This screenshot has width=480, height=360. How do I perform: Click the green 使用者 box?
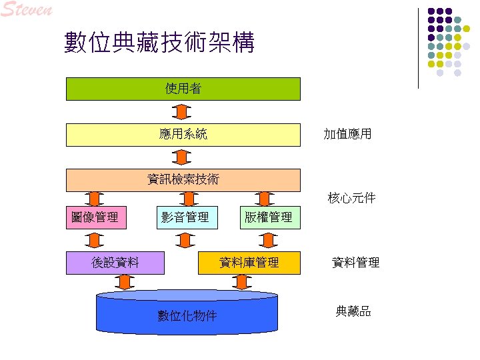tap(183, 89)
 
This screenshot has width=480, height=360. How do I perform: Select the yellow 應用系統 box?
tap(183, 134)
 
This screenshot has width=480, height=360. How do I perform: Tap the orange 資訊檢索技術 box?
tap(183, 179)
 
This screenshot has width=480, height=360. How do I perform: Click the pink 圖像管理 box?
tap(95, 217)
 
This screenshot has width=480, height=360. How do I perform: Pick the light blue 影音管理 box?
tap(187, 217)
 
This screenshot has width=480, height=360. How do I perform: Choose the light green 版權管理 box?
tap(269, 217)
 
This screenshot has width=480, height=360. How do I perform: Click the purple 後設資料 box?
tap(116, 262)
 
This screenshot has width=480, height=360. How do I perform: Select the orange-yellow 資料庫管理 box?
tap(249, 262)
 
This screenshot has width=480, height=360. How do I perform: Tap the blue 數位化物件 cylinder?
tap(187, 315)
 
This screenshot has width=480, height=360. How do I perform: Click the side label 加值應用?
tap(347, 135)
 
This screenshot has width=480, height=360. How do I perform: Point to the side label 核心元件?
tap(351, 198)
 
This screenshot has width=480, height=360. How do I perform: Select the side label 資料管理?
tap(355, 263)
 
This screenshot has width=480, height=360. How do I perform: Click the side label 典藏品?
tap(353, 311)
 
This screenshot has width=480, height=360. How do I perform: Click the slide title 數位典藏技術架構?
tap(159, 43)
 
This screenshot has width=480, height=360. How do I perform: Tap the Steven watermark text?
tap(27, 10)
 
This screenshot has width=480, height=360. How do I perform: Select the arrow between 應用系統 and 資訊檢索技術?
tap(182, 157)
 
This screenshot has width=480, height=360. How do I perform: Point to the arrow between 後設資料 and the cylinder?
tap(124, 282)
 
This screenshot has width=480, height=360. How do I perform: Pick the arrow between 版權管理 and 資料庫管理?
tap(269, 239)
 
